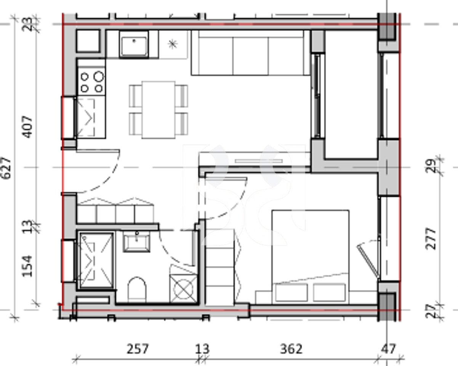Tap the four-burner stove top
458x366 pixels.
tap(91, 82)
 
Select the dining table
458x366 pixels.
tap(159, 109)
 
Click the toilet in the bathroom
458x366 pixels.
tap(137, 290)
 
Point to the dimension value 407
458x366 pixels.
tap(29, 127)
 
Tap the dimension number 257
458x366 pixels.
tap(138, 348)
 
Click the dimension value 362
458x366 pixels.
tap(291, 348)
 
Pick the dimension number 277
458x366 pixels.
tap(431, 238)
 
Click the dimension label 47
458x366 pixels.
tap(388, 348)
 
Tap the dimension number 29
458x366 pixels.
tap(431, 167)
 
